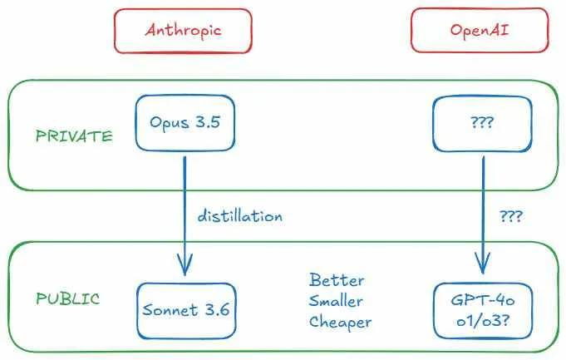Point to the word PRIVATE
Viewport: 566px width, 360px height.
tap(74, 136)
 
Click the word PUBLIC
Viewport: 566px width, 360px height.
tap(67, 298)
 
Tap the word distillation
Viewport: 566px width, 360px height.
tap(240, 216)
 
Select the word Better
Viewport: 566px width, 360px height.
tap(337, 280)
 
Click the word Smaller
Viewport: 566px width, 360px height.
tap(336, 301)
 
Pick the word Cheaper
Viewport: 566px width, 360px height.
tap(340, 322)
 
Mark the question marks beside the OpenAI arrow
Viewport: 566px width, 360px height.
tap(511, 216)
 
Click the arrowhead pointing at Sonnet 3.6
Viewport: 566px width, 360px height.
tap(185, 264)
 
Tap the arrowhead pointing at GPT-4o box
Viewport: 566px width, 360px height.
tap(483, 263)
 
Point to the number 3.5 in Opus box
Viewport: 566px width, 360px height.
tap(208, 122)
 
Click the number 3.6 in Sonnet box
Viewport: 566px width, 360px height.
tap(217, 309)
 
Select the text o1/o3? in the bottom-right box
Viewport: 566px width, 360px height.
tap(483, 321)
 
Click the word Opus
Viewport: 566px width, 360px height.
tap(170, 123)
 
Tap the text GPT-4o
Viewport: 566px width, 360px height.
tap(483, 300)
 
